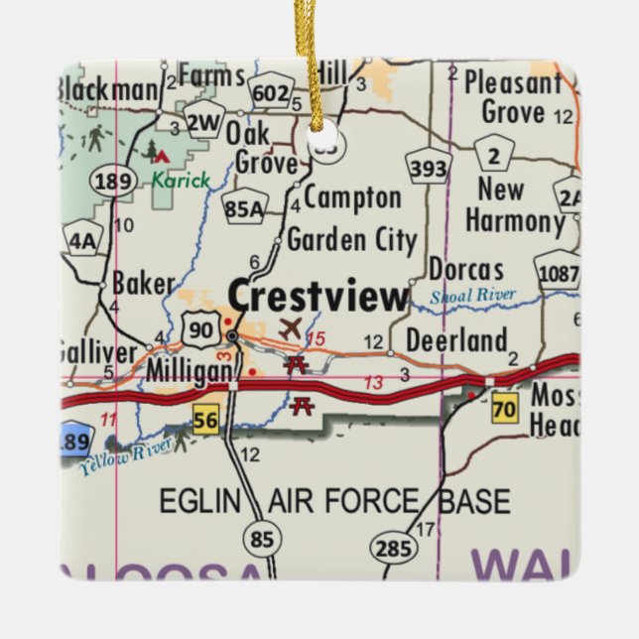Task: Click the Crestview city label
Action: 319,296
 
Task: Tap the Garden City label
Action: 351,240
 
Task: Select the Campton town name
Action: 352,197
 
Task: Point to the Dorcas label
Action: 466,269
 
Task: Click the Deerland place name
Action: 457,341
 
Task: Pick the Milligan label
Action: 190,369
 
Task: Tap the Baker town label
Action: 143,284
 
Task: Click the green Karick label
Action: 181,181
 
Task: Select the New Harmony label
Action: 514,203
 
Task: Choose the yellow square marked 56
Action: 205,421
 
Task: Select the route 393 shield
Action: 429,169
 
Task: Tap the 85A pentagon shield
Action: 244,207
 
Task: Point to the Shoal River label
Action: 473,295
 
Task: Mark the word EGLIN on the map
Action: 200,500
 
